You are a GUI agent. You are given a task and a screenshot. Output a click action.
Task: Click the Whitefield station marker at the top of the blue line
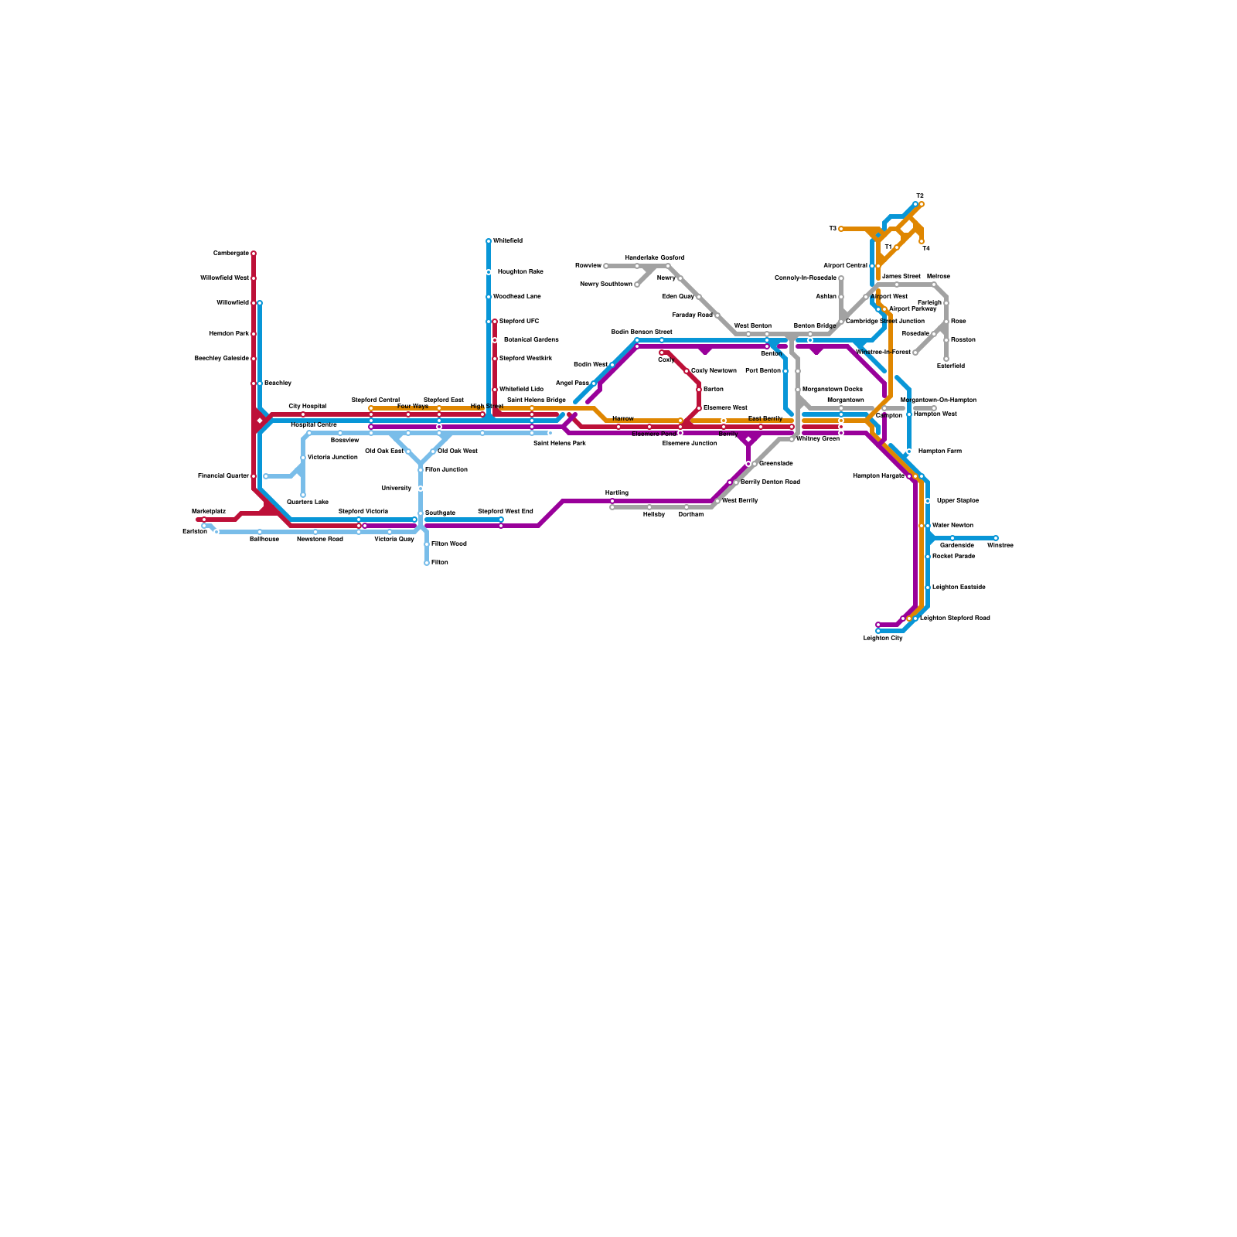[489, 241]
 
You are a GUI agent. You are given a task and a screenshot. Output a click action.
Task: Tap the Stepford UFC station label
[519, 321]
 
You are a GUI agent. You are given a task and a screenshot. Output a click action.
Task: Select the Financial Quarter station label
[223, 475]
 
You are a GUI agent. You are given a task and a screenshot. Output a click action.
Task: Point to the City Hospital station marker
[303, 414]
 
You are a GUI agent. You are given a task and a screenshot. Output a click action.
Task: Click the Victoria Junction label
[332, 457]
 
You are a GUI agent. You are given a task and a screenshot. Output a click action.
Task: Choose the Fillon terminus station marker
[427, 563]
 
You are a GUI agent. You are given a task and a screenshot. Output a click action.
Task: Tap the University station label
[397, 488]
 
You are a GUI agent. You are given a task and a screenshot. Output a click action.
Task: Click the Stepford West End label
[506, 511]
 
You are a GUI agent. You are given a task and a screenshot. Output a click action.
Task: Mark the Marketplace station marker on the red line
[204, 520]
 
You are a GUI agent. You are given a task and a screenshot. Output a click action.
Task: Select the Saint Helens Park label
[560, 443]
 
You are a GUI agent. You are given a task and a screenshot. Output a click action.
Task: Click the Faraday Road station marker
[717, 315]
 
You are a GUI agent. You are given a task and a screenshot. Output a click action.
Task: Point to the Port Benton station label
[763, 370]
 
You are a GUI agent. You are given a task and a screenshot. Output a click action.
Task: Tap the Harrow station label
[623, 418]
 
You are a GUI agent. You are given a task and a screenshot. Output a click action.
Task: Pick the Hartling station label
[617, 492]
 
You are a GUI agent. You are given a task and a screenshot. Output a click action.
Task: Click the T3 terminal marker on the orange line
[841, 229]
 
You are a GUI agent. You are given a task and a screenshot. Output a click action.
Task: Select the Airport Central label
[845, 265]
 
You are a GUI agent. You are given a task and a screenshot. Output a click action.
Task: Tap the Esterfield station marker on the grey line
[946, 359]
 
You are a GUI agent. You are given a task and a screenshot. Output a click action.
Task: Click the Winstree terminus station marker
[996, 538]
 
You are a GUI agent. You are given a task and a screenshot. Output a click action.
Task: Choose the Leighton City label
[883, 639]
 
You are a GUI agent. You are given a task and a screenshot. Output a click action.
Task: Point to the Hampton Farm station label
[940, 451]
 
